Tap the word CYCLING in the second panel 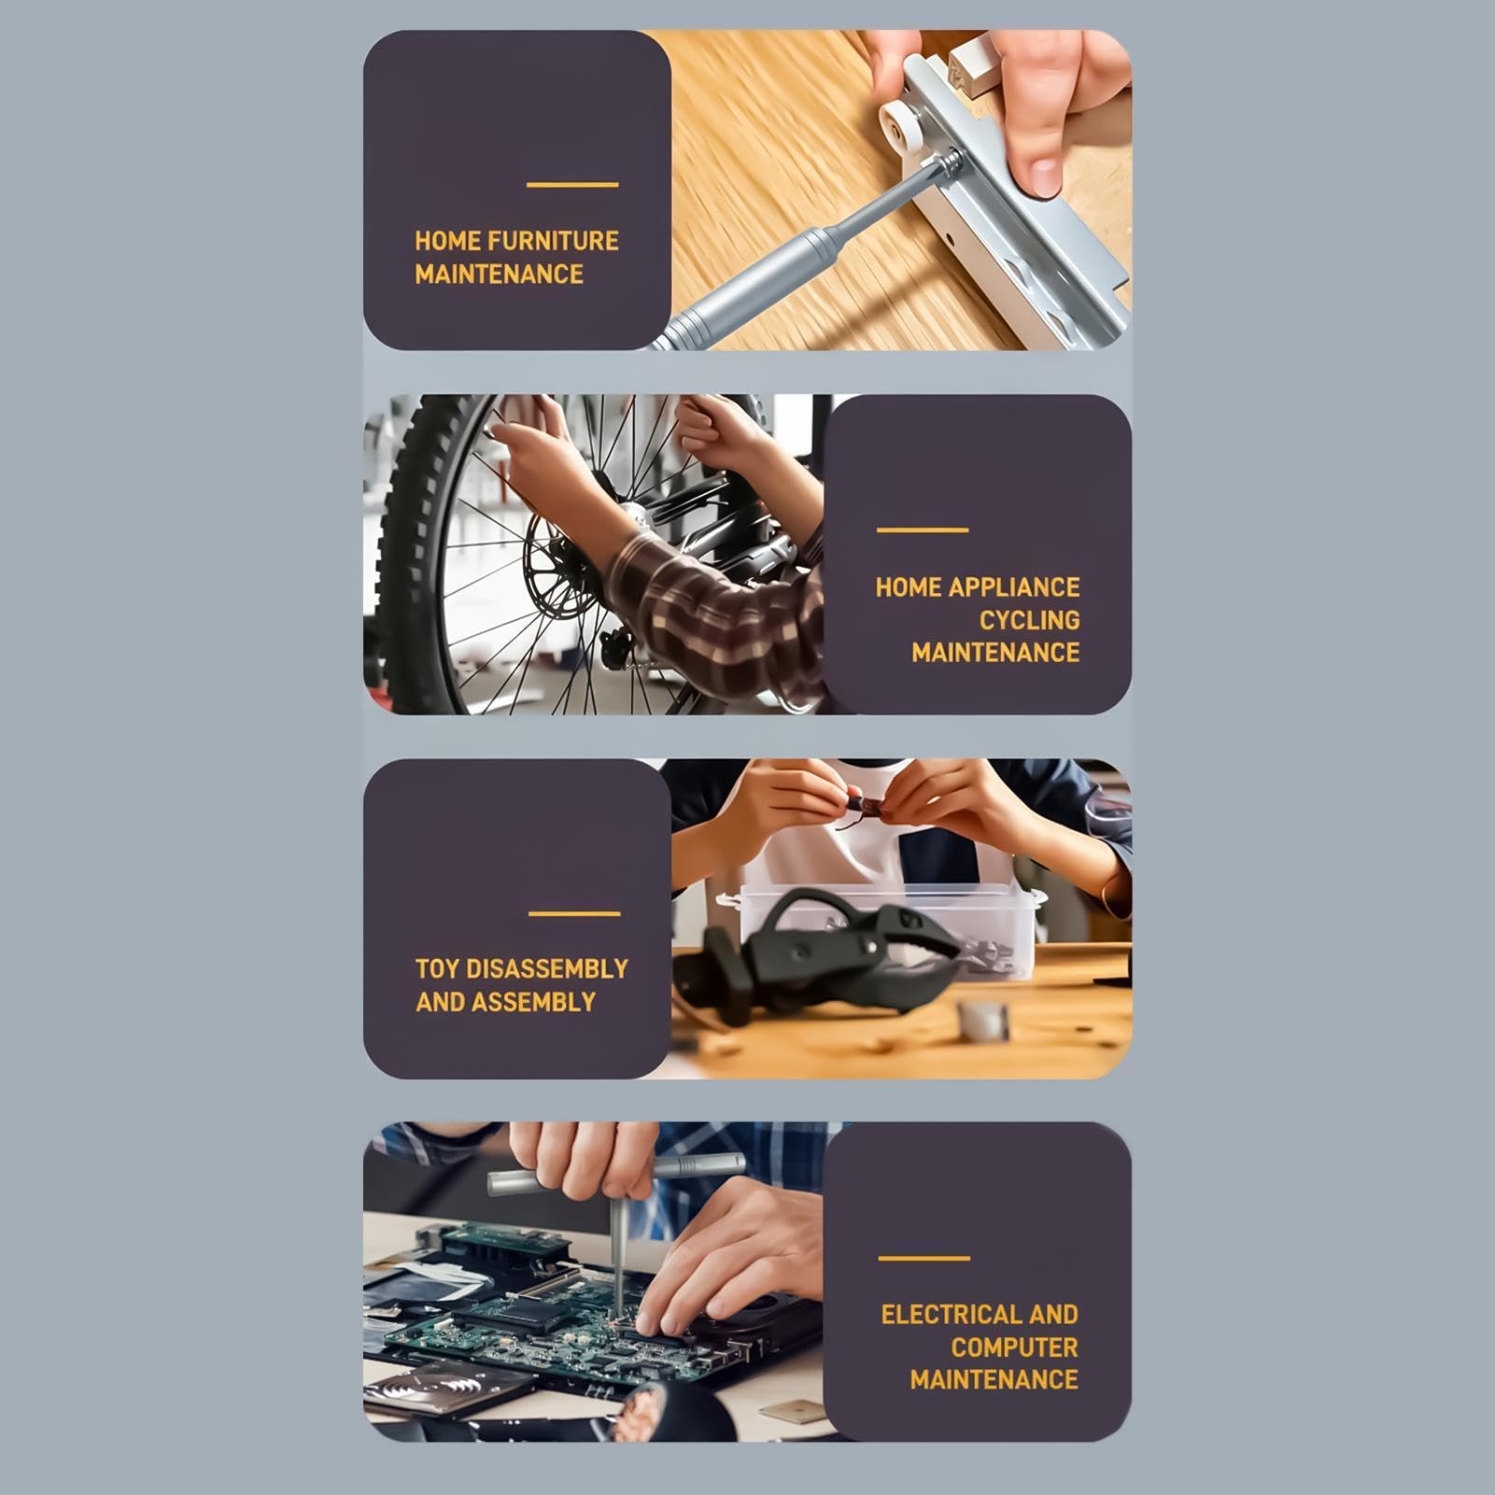1029,620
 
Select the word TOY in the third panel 436,969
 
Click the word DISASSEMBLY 547,969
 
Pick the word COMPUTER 1014,1347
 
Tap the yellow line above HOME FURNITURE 572,185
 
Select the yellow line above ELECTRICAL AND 924,1259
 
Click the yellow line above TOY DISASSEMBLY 574,913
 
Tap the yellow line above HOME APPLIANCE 923,530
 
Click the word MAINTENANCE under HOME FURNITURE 500,275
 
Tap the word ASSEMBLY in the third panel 533,1003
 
